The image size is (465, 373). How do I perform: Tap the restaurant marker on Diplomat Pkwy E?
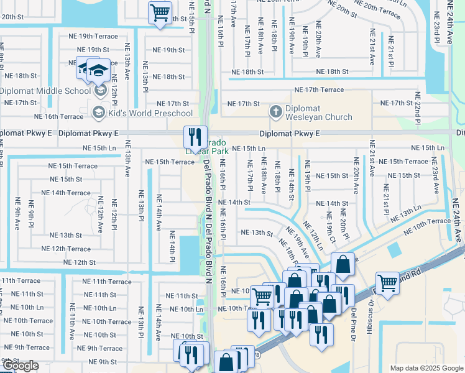(x=195, y=136)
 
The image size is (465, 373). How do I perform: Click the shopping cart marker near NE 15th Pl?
(x=160, y=12)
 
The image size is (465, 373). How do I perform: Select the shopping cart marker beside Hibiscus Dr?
(x=387, y=284)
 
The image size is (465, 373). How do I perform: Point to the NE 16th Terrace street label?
(x=58, y=116)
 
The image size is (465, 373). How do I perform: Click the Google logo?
(x=21, y=366)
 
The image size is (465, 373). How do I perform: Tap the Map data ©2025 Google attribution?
(x=426, y=368)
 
